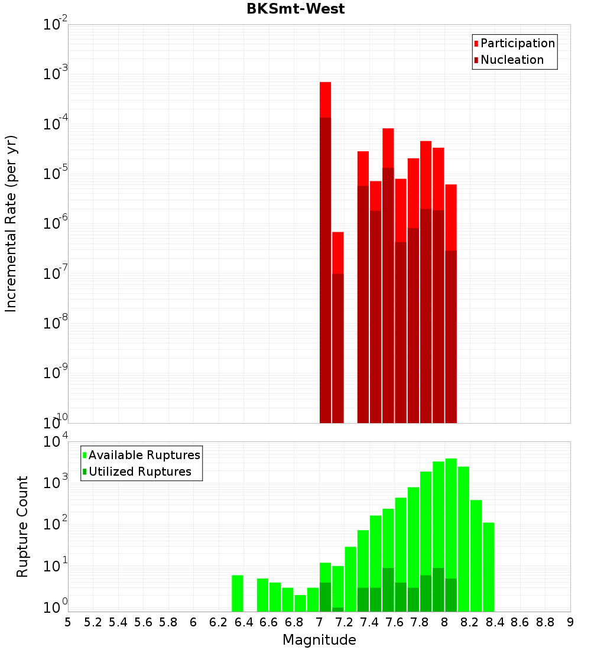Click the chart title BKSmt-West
tap(295, 9)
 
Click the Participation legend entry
tap(517, 43)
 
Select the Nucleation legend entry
tap(511, 60)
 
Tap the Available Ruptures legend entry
tap(144, 455)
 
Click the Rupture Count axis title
tap(22, 526)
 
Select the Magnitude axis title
tap(319, 640)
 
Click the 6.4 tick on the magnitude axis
tap(244, 622)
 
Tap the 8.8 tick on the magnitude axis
tap(545, 622)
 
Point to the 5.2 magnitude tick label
tap(93, 622)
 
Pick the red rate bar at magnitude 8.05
tap(451, 295)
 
